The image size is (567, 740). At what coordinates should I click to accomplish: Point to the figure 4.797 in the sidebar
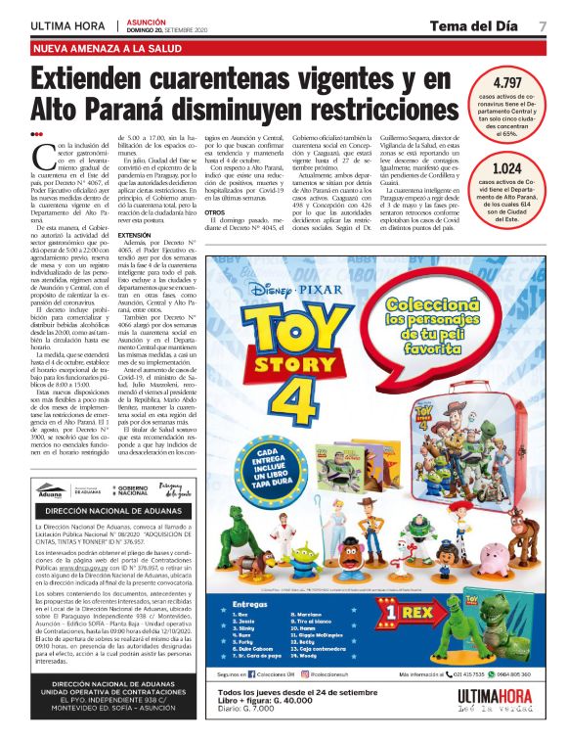point(511,83)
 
